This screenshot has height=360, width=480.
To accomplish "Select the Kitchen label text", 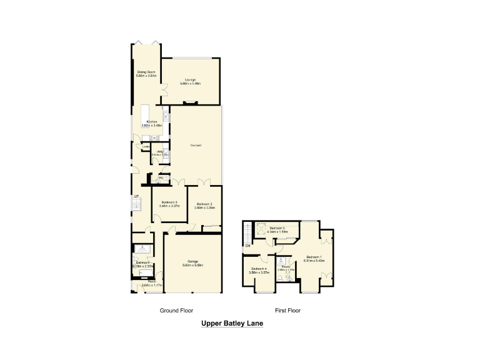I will click(151, 123).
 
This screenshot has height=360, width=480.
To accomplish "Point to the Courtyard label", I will click(196, 146).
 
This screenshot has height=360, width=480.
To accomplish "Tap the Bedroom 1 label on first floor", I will click(314, 257).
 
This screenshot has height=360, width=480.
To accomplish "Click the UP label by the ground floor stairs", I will click(136, 197).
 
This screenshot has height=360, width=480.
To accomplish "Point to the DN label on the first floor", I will click(247, 246).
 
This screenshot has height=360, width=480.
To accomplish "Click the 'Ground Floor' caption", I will click(176, 310).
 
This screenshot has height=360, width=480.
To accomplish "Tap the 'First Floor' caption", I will click(289, 310).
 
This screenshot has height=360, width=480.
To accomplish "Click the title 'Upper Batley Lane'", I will click(232, 324).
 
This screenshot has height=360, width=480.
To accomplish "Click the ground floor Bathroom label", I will click(142, 264).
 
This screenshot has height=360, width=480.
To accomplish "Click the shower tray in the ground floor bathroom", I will click(142, 248).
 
